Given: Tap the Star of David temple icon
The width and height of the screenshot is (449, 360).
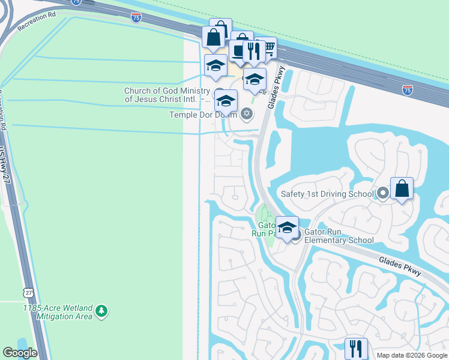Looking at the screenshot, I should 246,113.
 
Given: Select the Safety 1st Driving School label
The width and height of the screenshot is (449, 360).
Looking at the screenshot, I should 328,194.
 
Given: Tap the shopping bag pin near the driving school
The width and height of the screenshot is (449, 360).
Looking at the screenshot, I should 402,189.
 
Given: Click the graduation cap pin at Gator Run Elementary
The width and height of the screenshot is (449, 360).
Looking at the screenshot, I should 287,227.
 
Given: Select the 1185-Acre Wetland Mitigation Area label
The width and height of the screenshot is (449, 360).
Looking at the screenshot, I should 58,311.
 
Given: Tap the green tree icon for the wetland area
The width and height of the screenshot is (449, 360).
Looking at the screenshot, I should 103,310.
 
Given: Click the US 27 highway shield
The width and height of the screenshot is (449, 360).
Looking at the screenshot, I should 28,292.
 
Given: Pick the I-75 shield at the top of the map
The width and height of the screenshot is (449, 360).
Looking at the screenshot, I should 136,17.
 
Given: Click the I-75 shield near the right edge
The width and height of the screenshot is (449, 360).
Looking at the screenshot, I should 407,90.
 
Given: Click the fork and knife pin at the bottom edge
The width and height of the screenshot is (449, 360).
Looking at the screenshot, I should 356,348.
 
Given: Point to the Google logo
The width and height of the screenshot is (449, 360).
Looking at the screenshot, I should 20,353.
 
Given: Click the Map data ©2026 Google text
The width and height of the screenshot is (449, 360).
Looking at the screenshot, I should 412,355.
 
